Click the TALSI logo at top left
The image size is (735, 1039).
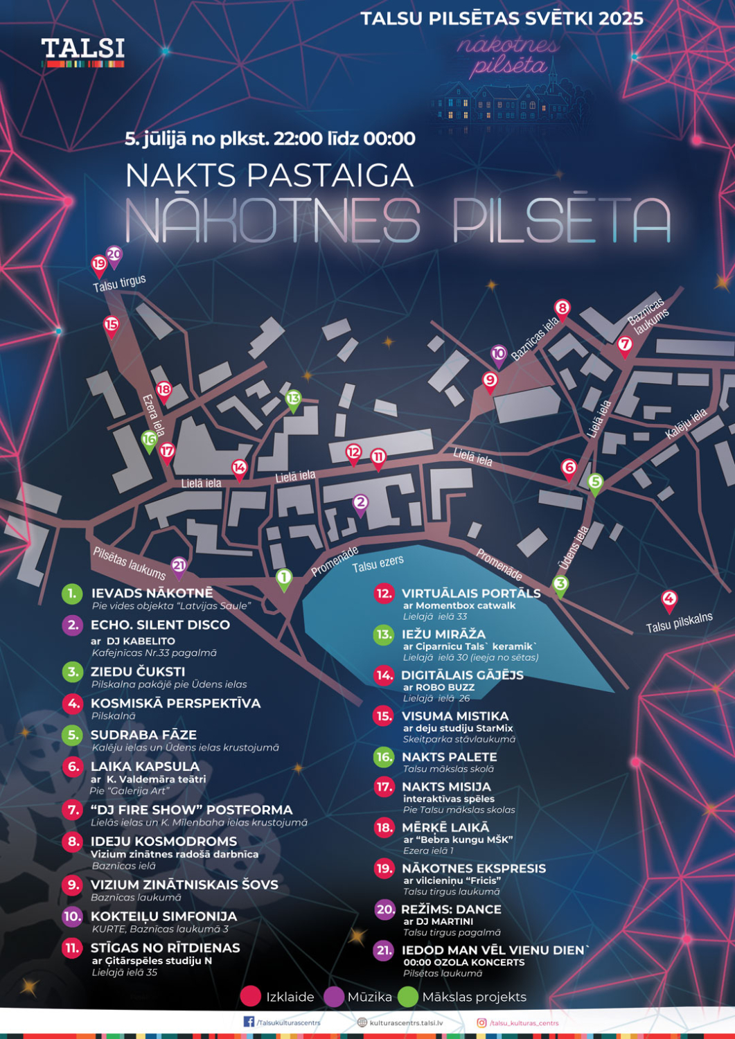pos(82,52)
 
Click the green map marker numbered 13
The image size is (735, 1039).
pos(293,399)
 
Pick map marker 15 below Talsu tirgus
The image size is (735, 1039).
pos(111,325)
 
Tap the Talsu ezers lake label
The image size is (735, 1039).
pos(378,564)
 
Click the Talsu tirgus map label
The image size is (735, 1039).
pos(119,283)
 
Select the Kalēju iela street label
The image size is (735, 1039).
pos(686,424)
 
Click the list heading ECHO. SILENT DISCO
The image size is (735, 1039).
pos(160,625)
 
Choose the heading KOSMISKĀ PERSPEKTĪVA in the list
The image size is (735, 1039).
pos(175,704)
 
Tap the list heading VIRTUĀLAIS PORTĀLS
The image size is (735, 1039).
pos(471,594)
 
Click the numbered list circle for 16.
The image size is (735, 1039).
pos(384,757)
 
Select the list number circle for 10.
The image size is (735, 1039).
pos(72,916)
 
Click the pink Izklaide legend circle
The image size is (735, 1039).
pos(250,997)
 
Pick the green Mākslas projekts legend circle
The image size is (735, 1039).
pos(408,997)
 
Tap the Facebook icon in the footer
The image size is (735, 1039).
pos(249,1022)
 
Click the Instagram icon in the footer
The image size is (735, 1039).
pos(481,1022)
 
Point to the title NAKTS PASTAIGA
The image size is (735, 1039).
pos(269,175)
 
